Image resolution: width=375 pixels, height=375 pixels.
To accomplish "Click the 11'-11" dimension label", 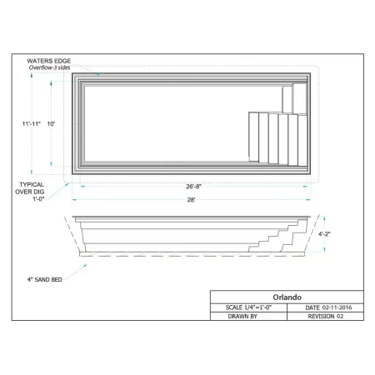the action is click(x=32, y=123).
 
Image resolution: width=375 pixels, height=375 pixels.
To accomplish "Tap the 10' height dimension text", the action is click(x=51, y=123).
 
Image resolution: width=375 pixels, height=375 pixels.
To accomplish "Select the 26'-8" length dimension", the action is click(x=193, y=187).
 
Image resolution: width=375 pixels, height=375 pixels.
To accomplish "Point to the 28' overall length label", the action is click(x=191, y=200).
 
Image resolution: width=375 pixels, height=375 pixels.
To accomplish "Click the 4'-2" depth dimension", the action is click(x=324, y=234).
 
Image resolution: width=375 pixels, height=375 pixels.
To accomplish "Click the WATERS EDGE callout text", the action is click(x=49, y=61).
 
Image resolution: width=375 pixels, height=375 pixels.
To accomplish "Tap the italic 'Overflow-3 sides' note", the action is click(x=49, y=67).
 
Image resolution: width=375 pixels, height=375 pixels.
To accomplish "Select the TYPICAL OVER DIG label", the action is click(x=30, y=188).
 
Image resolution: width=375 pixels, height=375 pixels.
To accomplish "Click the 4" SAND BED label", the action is click(x=44, y=280).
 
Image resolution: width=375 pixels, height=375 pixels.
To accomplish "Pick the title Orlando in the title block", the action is click(x=287, y=297).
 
